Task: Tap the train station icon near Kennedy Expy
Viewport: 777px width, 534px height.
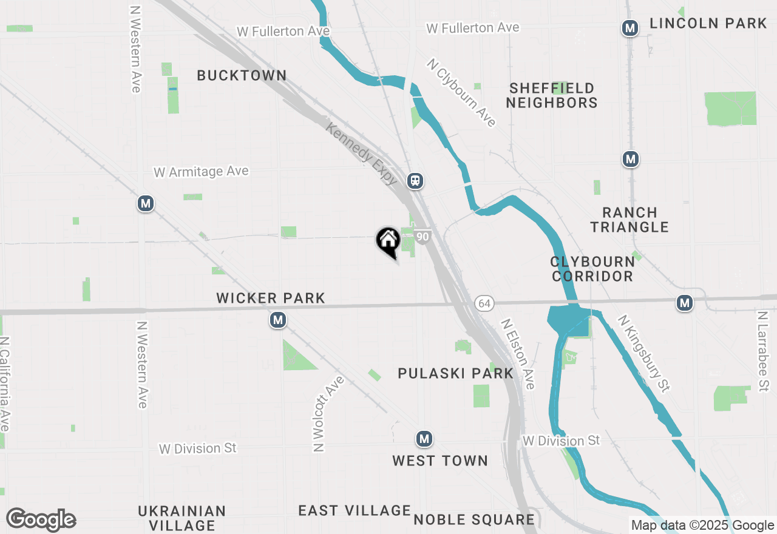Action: coord(415,180)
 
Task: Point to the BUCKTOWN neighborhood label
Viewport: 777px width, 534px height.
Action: coord(242,76)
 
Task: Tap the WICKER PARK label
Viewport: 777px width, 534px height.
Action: coord(271,298)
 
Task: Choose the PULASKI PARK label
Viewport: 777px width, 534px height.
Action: coord(456,373)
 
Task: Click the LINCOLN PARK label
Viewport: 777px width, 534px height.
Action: coord(708,24)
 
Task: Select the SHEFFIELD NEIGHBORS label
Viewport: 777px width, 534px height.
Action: coord(552,96)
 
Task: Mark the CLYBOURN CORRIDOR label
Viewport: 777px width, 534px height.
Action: coord(592,269)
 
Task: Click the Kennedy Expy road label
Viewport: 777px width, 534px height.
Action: coord(362,154)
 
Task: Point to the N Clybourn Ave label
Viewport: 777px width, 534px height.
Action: coord(461,92)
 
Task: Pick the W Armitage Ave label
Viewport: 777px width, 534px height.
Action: coord(201,172)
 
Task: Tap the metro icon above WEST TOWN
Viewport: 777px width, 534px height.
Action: coord(424,438)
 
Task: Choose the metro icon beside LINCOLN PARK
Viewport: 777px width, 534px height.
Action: coord(630,28)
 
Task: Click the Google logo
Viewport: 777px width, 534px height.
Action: coord(41,519)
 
